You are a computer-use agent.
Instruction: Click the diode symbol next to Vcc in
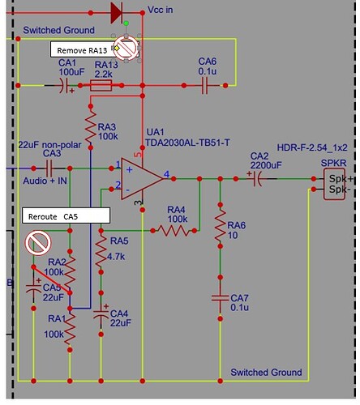(x=114, y=12)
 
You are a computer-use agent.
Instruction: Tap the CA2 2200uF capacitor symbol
(x=259, y=176)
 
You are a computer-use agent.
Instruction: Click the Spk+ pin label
(x=336, y=176)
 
